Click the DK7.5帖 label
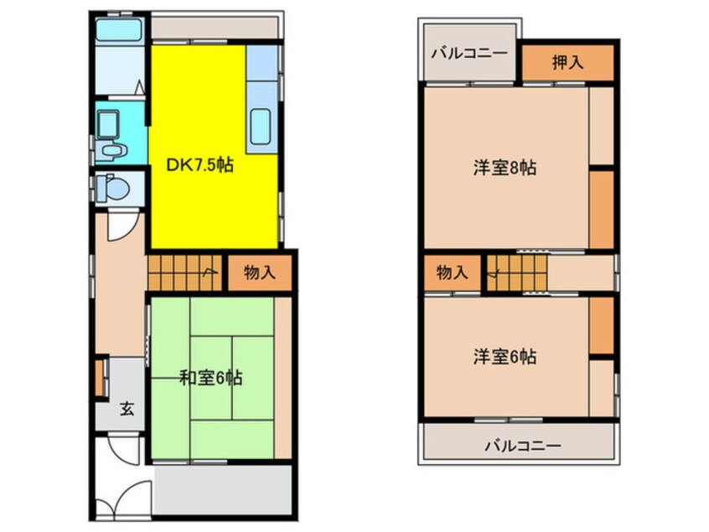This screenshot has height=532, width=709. (x=199, y=165)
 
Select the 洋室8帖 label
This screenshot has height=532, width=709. (x=505, y=168)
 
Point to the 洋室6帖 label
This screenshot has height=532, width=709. (x=505, y=357)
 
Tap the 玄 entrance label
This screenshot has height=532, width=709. (x=126, y=409)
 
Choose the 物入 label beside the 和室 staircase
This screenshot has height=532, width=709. (x=259, y=272)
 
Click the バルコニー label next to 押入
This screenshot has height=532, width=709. (x=469, y=54)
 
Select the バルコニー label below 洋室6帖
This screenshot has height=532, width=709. (x=522, y=445)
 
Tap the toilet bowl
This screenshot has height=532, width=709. (x=111, y=188)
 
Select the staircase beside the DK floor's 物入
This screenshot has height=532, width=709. (x=184, y=272)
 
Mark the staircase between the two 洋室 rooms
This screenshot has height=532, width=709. (x=515, y=273)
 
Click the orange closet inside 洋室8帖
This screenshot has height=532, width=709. (x=601, y=210)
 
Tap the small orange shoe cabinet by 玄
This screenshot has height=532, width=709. (x=101, y=378)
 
